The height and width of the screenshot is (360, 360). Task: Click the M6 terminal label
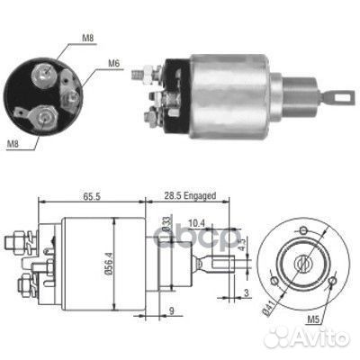[x=113, y=63]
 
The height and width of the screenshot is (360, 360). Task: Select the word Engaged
[x=200, y=196]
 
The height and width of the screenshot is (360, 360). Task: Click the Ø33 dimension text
[x=166, y=224]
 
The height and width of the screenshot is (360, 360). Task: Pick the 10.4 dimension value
[x=196, y=223]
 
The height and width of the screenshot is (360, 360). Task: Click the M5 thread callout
[x=313, y=319]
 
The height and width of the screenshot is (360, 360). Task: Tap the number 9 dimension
[x=172, y=310]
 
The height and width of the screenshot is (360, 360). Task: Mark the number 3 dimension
[x=246, y=292]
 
